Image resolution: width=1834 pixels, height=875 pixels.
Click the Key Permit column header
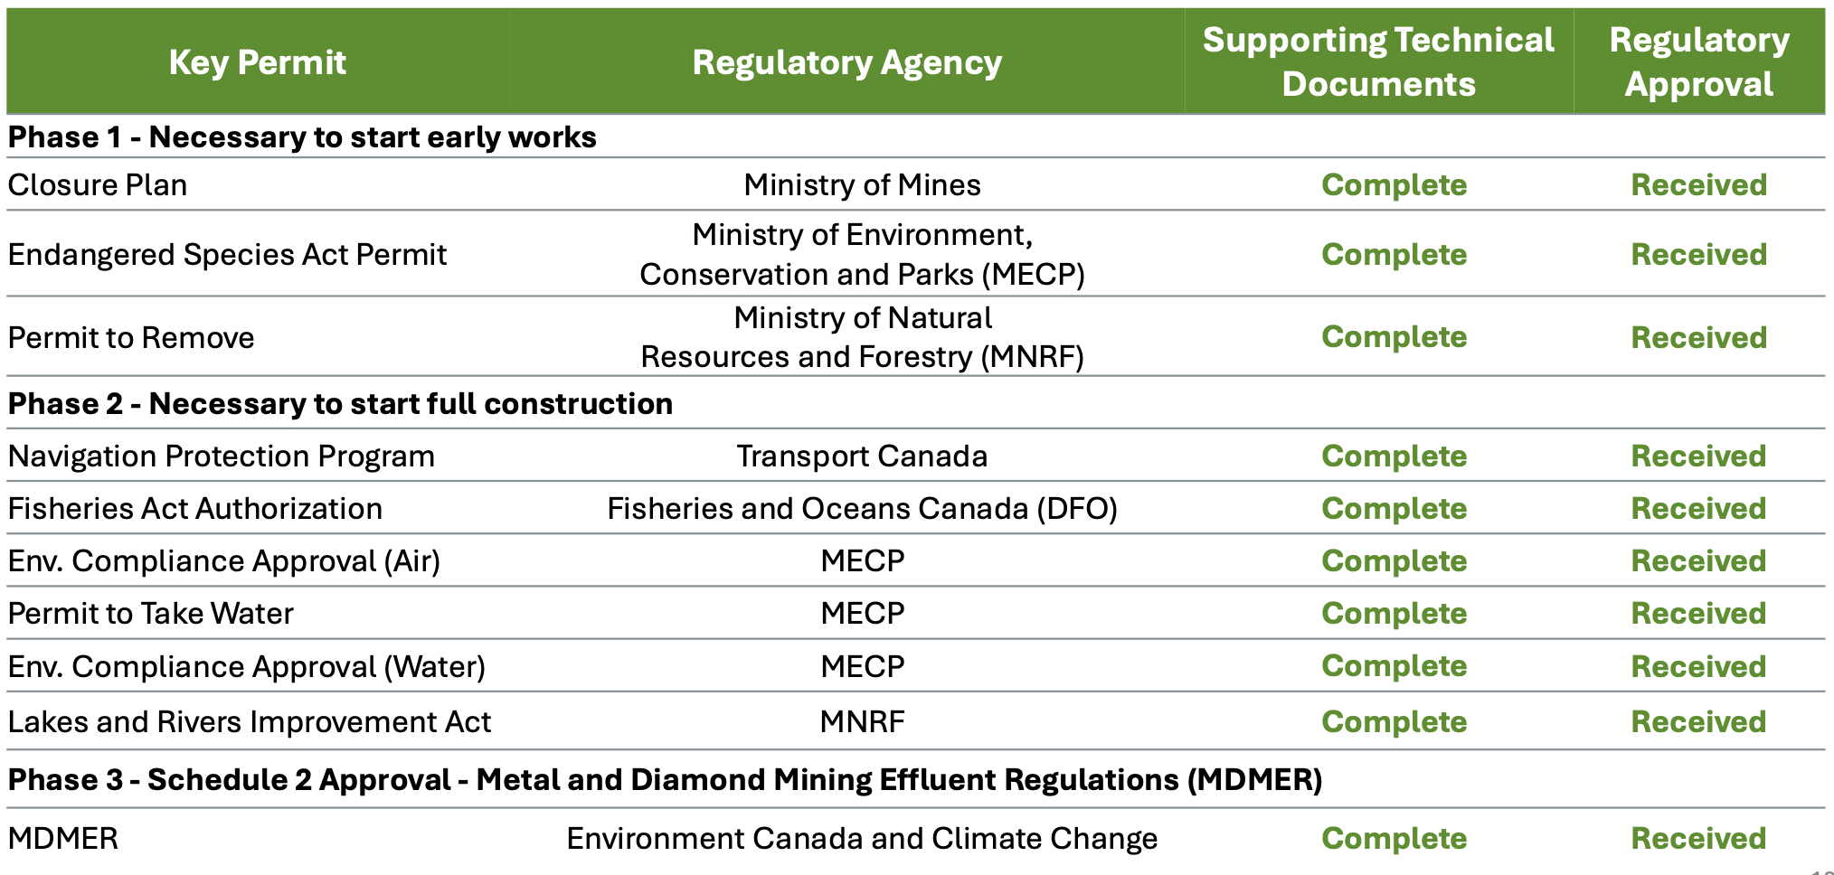pos(257,62)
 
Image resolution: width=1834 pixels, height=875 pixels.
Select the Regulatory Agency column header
pos(846,62)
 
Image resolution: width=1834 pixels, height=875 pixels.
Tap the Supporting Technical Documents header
pos(1378,61)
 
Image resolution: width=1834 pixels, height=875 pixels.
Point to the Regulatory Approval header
pos(1698,61)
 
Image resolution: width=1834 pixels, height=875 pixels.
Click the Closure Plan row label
pos(98,185)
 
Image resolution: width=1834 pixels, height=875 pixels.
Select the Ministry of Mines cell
pos(862,185)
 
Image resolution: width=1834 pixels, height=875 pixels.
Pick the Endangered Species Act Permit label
pos(227,255)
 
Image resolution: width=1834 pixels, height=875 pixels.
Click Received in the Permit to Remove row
pos(1698,338)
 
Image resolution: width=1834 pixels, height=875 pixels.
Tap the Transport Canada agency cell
pos(862,456)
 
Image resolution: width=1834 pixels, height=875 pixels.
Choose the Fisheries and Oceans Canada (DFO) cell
pos(862,509)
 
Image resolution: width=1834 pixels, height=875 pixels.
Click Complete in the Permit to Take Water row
pos(1394,614)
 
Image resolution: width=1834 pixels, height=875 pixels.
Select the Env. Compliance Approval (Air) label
pos(223,561)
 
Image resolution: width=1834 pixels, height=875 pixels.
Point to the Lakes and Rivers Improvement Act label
pos(249,722)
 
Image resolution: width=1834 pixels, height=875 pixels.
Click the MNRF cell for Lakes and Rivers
pos(862,722)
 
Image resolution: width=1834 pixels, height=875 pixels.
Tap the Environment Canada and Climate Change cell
pos(862,839)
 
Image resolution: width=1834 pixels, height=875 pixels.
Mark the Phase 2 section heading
pos(340,403)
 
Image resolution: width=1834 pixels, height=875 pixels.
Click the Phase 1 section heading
pos(302,137)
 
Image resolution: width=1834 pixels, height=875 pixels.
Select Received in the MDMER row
pos(1698,839)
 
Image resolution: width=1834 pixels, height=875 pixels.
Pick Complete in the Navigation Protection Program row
pos(1394,456)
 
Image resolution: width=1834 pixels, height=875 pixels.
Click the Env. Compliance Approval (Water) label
pos(246,667)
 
